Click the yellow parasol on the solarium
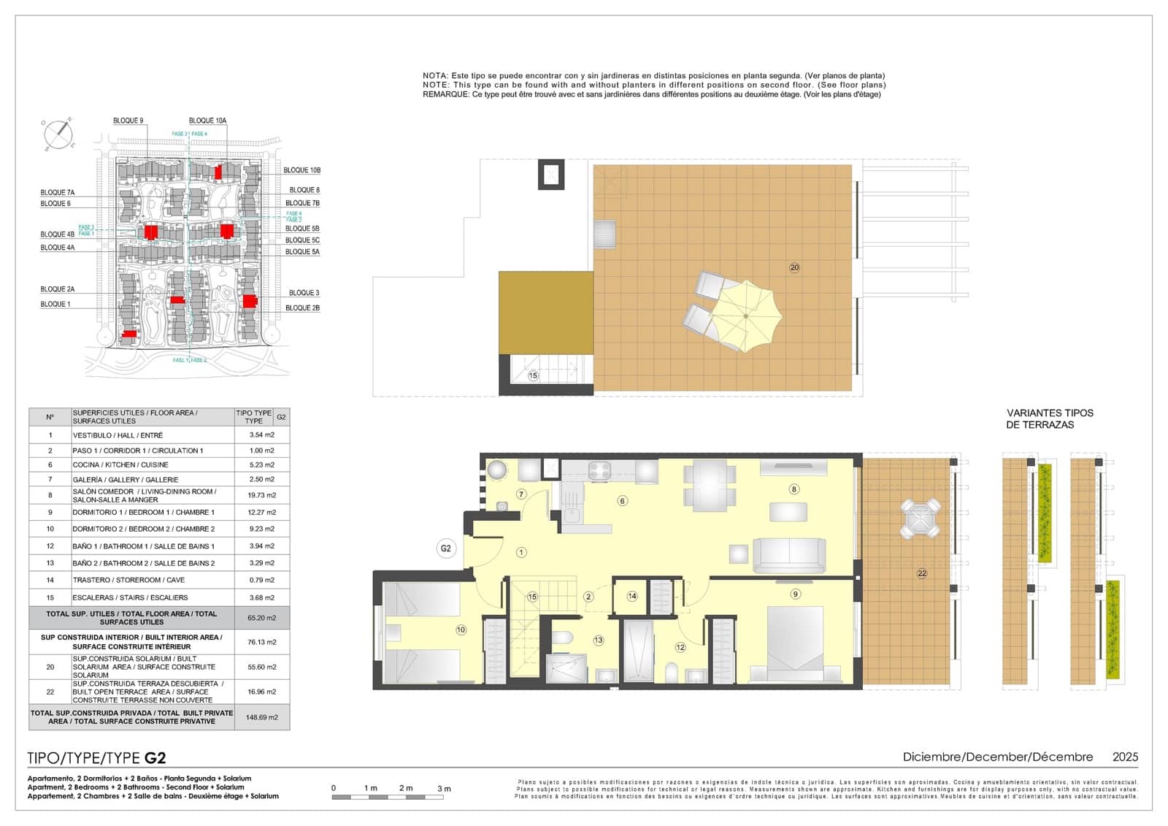click(746, 316)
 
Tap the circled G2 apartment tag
click(445, 548)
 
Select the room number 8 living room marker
click(794, 489)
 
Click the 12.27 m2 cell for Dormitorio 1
click(261, 513)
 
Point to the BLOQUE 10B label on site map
click(301, 170)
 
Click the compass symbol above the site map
click(58, 134)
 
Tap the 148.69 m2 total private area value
click(261, 717)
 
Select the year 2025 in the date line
click(1124, 757)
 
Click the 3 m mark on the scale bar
click(443, 789)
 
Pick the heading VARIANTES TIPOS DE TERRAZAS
click(1049, 418)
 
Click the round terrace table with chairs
click(920, 519)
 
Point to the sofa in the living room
click(788, 555)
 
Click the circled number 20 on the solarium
click(794, 267)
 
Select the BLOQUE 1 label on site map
click(55, 305)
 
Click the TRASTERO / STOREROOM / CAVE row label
click(128, 580)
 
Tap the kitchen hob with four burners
click(599, 471)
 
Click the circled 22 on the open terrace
click(921, 573)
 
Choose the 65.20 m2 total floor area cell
click(261, 618)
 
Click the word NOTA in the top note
click(434, 76)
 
